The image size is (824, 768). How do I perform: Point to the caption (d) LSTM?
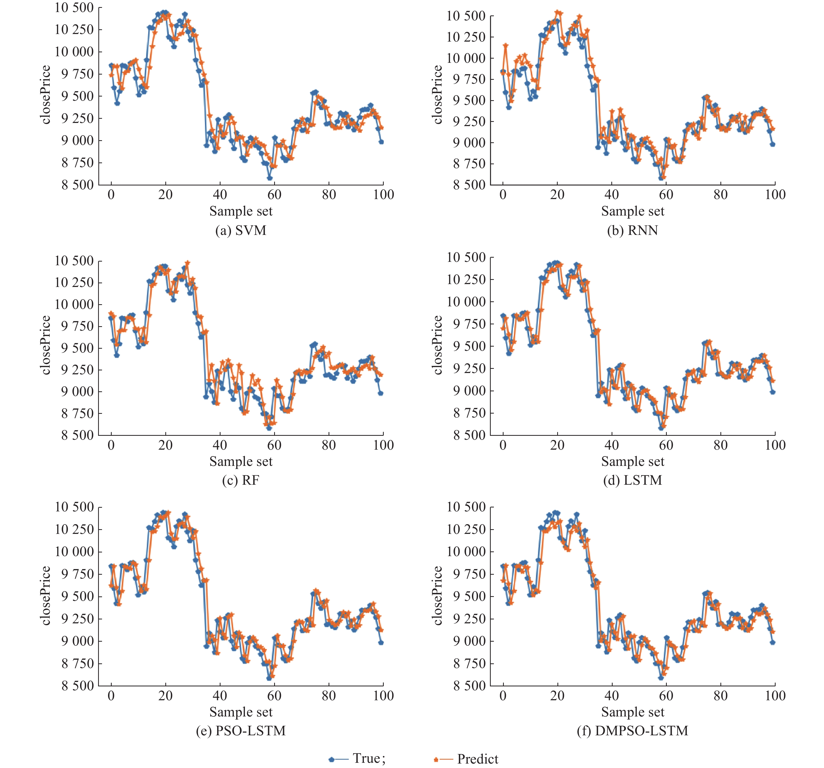(x=633, y=480)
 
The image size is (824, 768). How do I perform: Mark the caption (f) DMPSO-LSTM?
(x=633, y=730)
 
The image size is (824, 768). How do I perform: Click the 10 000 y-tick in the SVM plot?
(x=74, y=52)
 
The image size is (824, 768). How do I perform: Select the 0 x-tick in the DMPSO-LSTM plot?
(x=503, y=696)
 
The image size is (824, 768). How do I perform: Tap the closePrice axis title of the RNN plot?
(x=437, y=94)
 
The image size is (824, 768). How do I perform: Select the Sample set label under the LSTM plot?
(x=633, y=461)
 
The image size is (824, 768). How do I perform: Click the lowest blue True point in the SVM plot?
(x=269, y=178)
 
